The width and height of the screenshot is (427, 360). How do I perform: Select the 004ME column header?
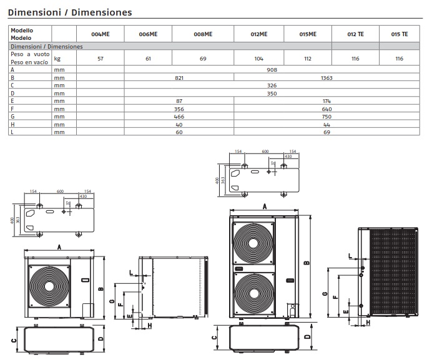(100, 34)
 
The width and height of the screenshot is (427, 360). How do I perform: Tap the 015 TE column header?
(400, 34)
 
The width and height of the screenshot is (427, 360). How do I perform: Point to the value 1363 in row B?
(326, 77)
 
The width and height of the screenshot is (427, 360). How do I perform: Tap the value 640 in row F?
(326, 108)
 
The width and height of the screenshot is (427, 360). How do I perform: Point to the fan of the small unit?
(47, 286)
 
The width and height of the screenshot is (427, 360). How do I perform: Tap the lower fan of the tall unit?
(253, 293)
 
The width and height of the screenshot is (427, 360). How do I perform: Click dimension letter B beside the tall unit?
(307, 263)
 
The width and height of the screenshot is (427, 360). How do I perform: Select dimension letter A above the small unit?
(59, 247)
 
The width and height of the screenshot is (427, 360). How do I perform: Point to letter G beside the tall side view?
(326, 293)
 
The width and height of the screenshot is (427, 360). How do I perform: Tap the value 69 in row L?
(326, 132)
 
